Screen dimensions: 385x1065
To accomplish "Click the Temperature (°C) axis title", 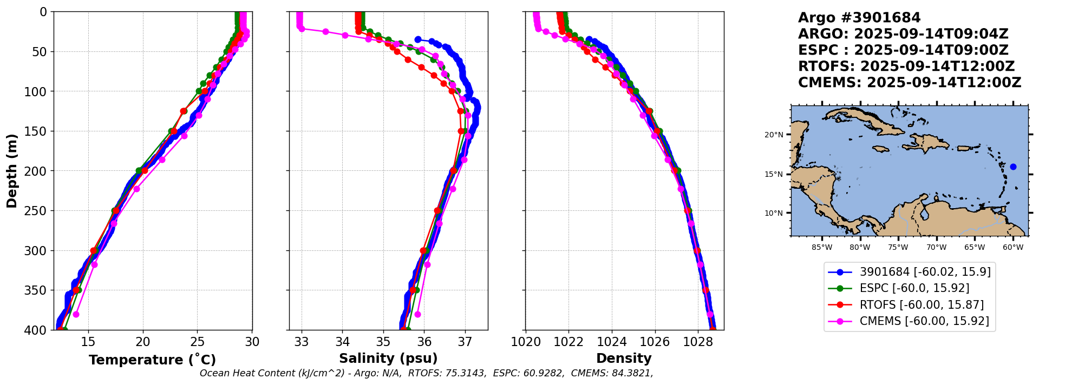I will [x=152, y=360].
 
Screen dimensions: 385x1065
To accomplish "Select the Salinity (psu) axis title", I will [x=388, y=359].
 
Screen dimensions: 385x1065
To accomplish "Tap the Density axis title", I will [x=624, y=359].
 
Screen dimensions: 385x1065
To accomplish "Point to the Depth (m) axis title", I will [x=12, y=170].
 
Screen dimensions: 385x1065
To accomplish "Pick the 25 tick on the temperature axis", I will [x=198, y=342].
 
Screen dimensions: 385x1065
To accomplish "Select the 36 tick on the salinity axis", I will [x=424, y=342].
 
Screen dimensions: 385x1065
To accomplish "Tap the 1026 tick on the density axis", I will [x=655, y=342].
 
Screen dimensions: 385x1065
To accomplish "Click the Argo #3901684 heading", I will [x=859, y=18].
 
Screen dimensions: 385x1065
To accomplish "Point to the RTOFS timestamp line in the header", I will [x=906, y=67].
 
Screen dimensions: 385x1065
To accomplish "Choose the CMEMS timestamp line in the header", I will [x=910, y=83].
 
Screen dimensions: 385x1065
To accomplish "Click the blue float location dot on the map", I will [x=1013, y=167].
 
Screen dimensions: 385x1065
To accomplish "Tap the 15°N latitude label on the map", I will [x=774, y=174].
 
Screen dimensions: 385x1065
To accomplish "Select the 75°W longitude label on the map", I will [x=898, y=248].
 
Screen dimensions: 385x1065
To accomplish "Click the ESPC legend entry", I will [x=914, y=288].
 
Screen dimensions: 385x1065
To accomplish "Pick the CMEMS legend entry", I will [x=924, y=321].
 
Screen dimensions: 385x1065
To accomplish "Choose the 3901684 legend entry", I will [x=925, y=272].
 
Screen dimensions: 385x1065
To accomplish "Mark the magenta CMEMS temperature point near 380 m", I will [x=76, y=314].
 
